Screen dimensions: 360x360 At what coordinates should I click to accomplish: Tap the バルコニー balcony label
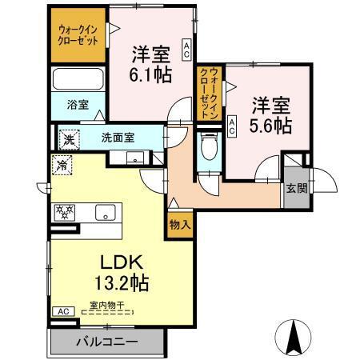point(107,342)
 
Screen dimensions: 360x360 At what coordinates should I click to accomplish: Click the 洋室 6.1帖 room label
point(150,64)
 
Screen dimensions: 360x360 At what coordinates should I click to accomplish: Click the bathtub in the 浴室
point(78,81)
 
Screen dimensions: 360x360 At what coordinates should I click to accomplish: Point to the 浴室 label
point(78,105)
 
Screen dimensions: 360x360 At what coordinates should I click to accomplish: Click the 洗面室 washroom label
point(118,137)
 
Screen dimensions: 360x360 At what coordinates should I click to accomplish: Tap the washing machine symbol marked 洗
point(69,138)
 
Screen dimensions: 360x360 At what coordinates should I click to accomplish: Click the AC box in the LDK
point(61,310)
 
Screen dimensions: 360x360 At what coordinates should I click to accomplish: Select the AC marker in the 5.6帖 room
point(232,125)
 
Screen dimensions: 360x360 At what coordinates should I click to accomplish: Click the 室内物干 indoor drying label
point(106,304)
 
